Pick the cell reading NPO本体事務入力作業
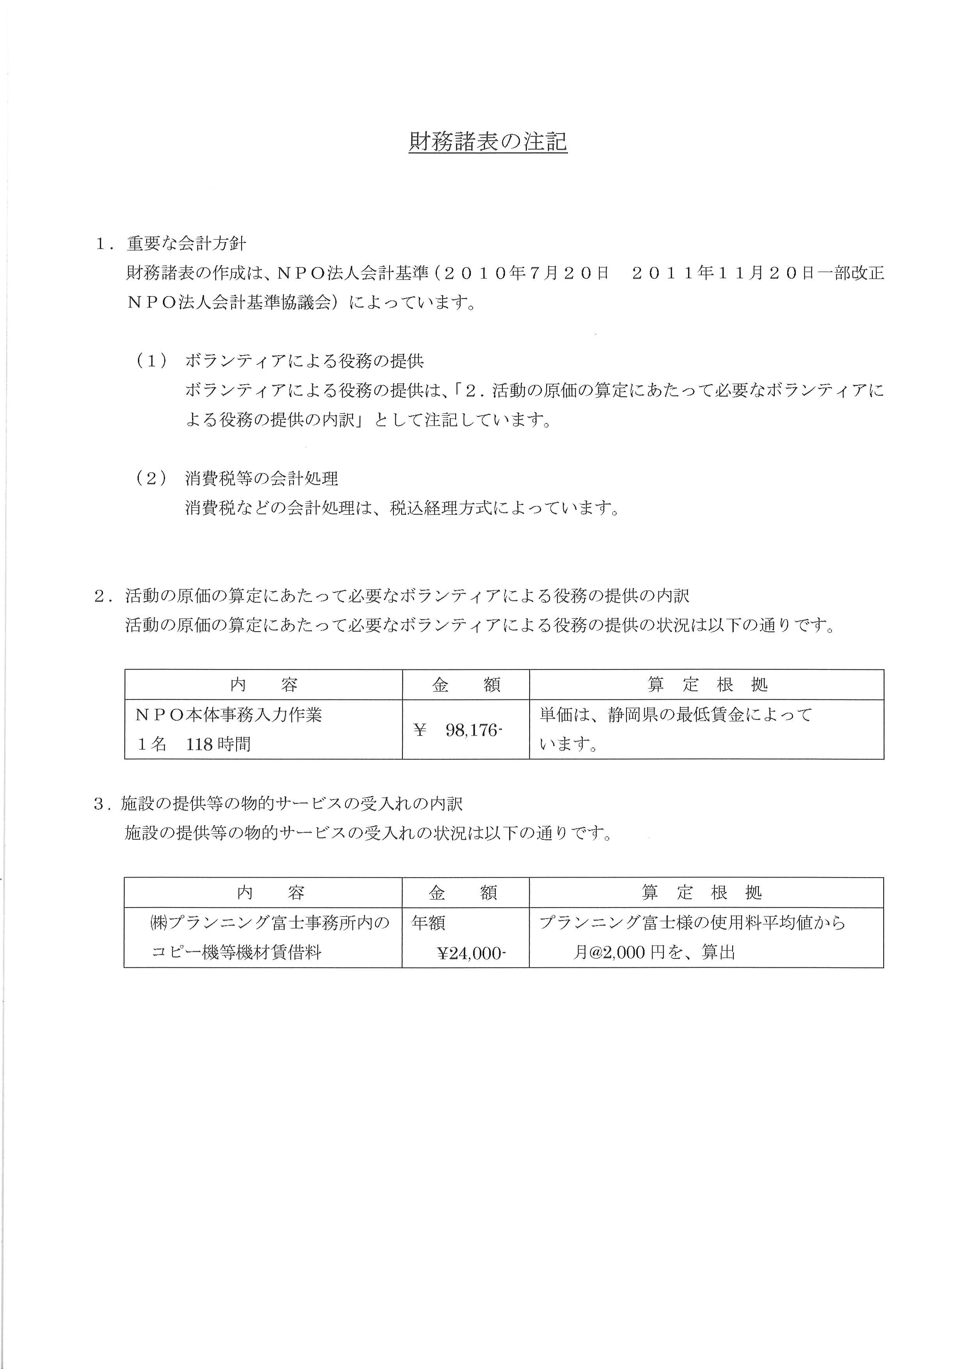point(229,714)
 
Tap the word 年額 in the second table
point(429,923)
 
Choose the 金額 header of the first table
point(466,685)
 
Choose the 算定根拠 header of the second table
point(701,893)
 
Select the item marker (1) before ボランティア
point(151,361)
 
